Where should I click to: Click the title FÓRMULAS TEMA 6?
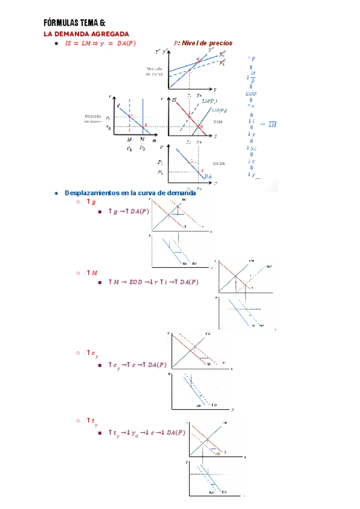[x=74, y=23]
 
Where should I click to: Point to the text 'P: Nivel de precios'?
[x=203, y=43]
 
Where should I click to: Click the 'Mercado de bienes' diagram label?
[x=155, y=72]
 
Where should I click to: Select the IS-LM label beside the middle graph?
[x=218, y=121]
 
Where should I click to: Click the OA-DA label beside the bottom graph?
[x=218, y=163]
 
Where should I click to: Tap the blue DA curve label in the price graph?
[x=208, y=176]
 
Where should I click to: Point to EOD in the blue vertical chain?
[x=251, y=94]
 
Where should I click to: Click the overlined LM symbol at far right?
[x=272, y=124]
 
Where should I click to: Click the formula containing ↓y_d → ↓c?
[x=146, y=432]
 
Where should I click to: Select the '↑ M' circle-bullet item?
[x=92, y=273]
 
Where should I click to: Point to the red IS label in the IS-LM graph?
[x=175, y=100]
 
